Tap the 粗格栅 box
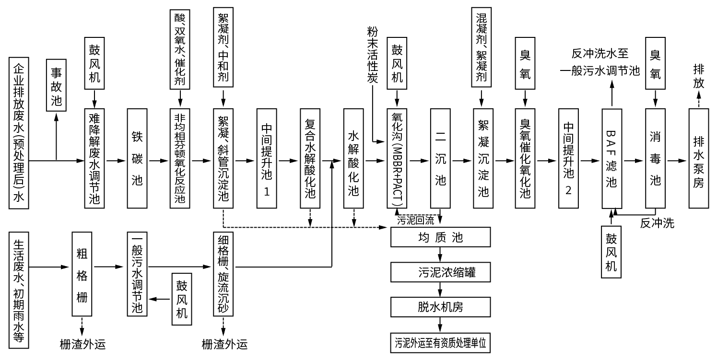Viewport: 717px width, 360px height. click(82, 275)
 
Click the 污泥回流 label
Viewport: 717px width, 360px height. click(415, 221)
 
